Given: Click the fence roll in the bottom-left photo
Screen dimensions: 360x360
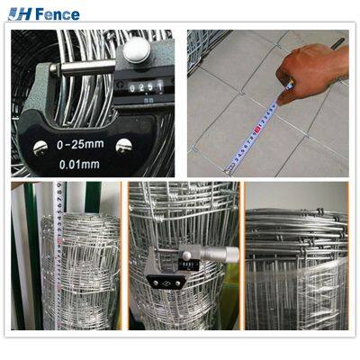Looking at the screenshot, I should coord(85,270).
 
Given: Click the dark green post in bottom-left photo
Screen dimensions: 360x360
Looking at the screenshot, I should coord(21,261).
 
